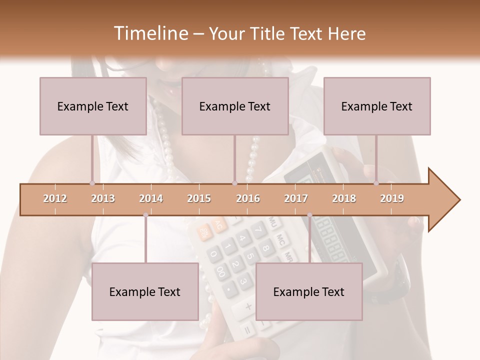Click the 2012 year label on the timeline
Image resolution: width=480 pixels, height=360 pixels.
(x=55, y=199)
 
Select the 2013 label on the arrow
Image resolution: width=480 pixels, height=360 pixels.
(x=103, y=199)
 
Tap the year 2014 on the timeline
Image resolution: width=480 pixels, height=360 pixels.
(x=151, y=199)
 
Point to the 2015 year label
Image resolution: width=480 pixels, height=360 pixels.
(x=199, y=199)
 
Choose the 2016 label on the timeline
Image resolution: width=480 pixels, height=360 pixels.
(x=248, y=199)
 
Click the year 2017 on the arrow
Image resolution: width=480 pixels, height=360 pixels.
(x=296, y=199)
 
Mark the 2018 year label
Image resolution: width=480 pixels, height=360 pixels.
(x=344, y=199)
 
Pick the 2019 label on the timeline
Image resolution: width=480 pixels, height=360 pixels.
(x=392, y=199)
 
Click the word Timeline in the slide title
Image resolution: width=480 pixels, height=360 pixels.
(x=150, y=33)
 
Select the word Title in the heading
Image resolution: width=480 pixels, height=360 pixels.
(x=269, y=34)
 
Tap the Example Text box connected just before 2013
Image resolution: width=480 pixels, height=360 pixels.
(x=93, y=106)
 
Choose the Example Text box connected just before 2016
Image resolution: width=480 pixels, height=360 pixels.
(x=235, y=106)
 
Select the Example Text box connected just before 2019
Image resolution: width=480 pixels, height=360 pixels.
(x=377, y=106)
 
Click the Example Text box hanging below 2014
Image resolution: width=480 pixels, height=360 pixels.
(x=145, y=291)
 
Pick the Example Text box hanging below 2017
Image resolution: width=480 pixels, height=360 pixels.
(x=309, y=291)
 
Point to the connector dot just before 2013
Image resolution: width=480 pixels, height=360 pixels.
(x=92, y=183)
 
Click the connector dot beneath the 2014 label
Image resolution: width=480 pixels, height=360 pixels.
(x=145, y=215)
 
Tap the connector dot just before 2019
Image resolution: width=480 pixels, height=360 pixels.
(x=376, y=183)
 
